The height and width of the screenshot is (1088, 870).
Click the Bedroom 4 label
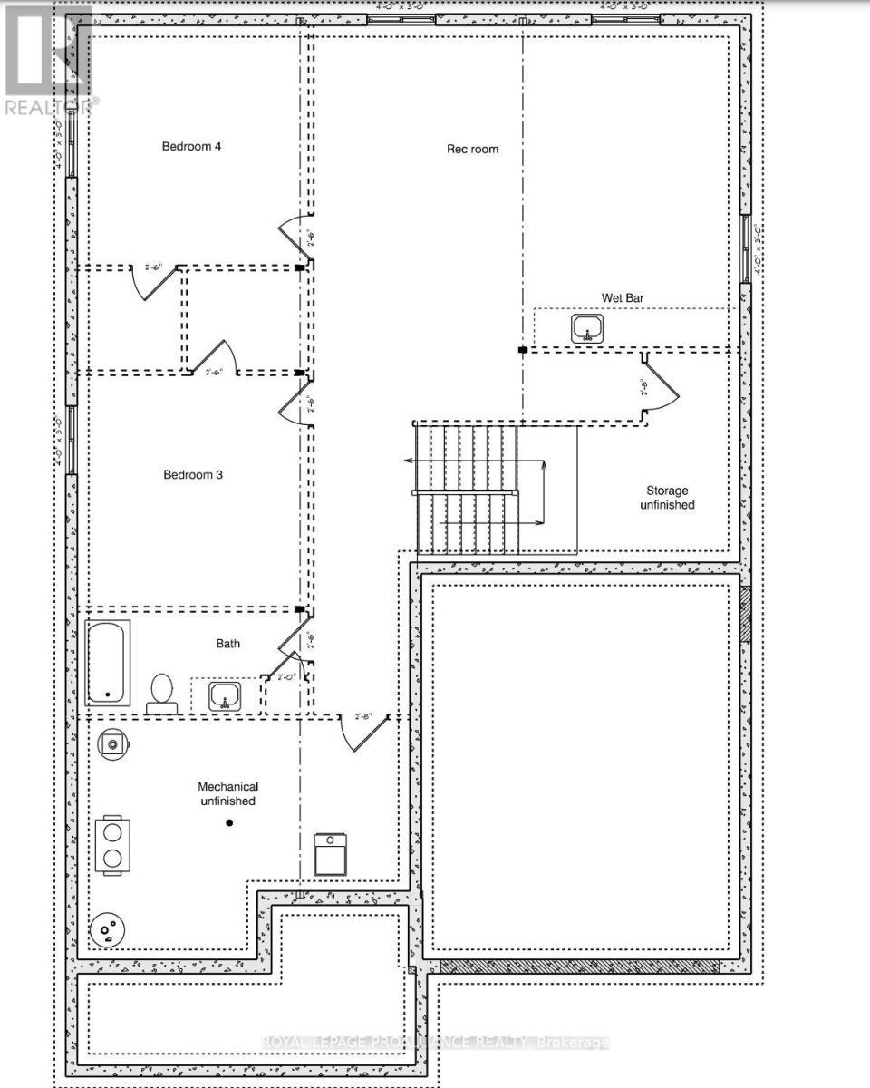tap(191, 146)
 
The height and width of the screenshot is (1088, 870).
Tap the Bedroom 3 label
tap(193, 474)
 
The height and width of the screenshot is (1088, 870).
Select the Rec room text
tap(472, 149)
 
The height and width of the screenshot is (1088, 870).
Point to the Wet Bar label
tap(623, 297)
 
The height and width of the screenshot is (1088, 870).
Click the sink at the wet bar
tap(588, 329)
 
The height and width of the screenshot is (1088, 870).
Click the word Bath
tap(227, 644)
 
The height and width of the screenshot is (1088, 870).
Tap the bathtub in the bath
tap(108, 664)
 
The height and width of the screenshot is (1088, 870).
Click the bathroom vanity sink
tap(224, 696)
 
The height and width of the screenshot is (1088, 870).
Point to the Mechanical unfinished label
tap(228, 793)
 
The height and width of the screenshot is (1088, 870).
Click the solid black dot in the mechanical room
tap(229, 823)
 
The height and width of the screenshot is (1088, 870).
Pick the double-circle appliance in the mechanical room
tap(111, 845)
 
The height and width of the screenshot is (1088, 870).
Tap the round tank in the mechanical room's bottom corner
tap(108, 929)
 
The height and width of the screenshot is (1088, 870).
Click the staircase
tap(467, 490)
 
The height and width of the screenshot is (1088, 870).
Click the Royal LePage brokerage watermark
tap(435, 1043)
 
